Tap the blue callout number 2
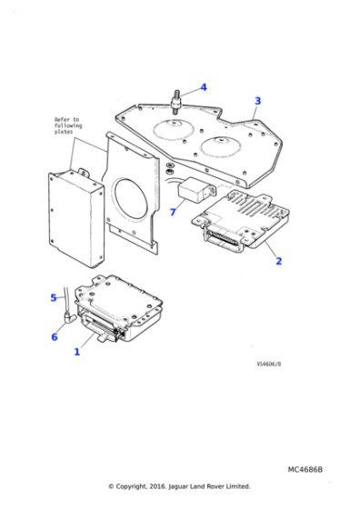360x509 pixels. (x=278, y=261)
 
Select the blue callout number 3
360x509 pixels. (x=257, y=101)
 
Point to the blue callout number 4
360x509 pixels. (x=204, y=87)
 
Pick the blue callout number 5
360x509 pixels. (x=53, y=297)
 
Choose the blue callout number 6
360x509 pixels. (x=54, y=336)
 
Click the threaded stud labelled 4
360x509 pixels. (x=178, y=97)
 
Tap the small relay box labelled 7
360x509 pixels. (x=195, y=193)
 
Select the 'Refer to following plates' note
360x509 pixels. (x=66, y=125)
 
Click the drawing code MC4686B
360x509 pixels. (x=305, y=469)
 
